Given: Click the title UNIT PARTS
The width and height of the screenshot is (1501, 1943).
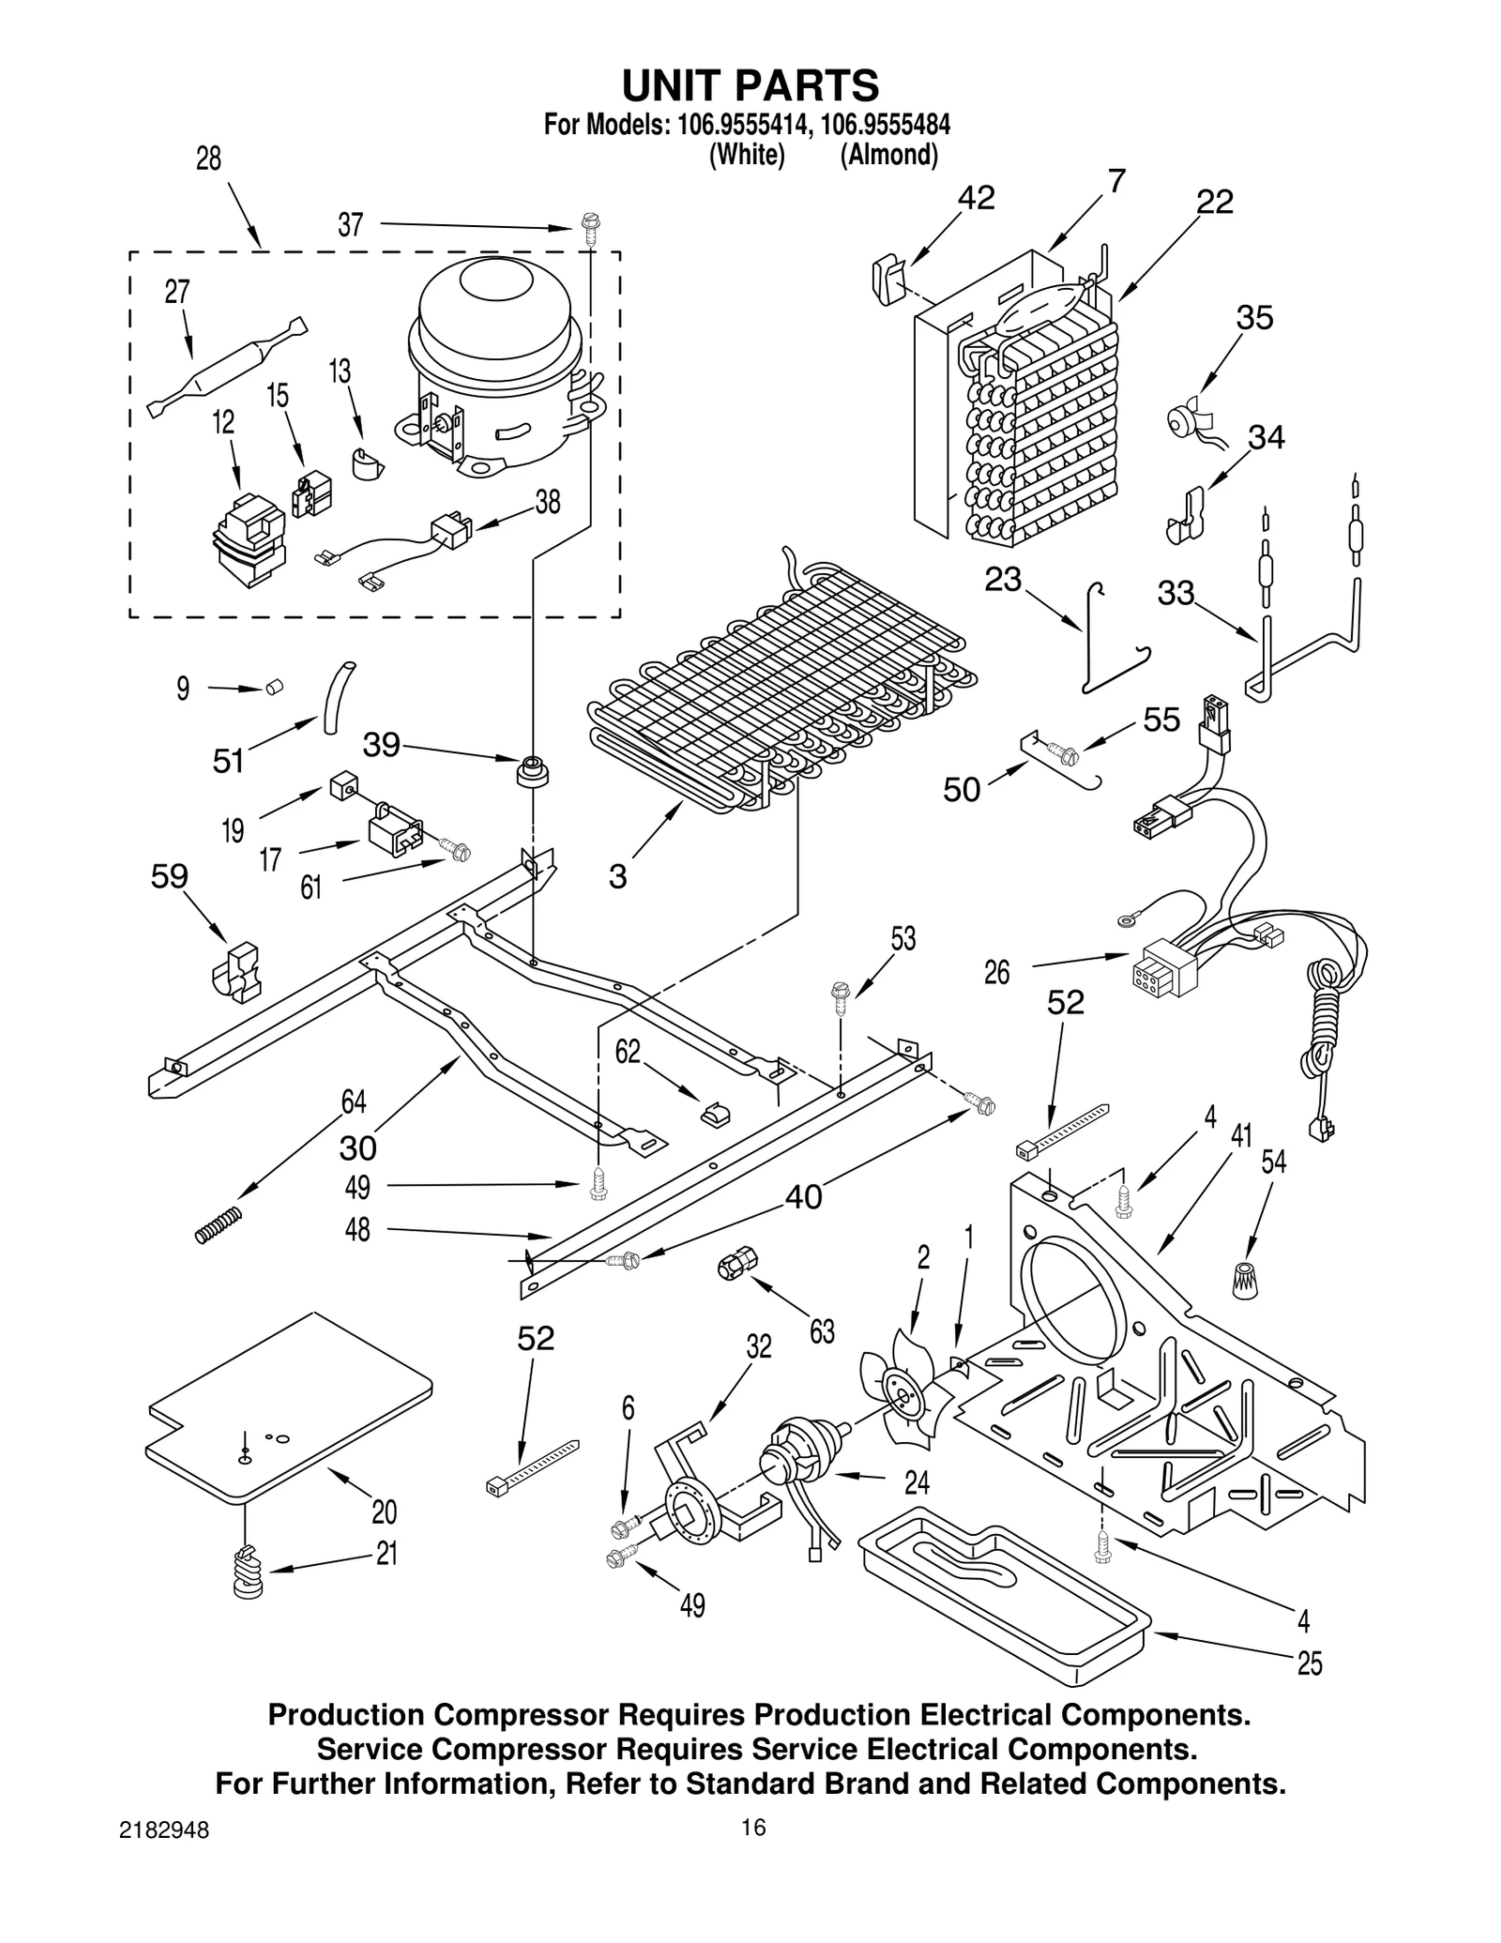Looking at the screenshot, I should pyautogui.click(x=750, y=85).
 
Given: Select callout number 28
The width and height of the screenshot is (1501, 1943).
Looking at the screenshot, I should pyautogui.click(x=208, y=159).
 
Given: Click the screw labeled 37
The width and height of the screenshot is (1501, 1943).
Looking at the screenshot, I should pyautogui.click(x=590, y=229).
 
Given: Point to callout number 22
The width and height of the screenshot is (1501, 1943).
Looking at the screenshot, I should pyautogui.click(x=1214, y=202).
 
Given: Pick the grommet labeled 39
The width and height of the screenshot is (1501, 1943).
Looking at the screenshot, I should pyautogui.click(x=533, y=771).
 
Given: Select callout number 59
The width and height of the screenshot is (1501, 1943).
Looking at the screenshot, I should pyautogui.click(x=170, y=876).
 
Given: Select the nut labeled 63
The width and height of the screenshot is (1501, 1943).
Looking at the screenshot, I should pyautogui.click(x=732, y=1266).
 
